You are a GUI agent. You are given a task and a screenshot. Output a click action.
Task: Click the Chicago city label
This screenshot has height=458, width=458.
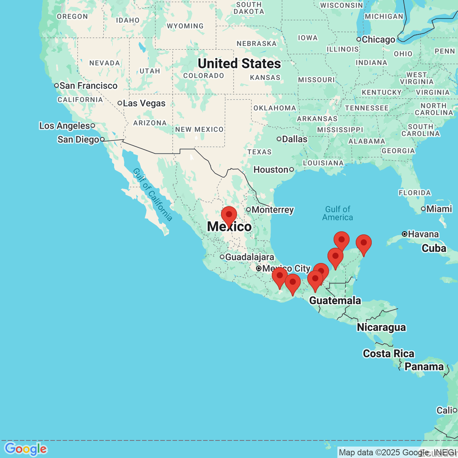point(378,40)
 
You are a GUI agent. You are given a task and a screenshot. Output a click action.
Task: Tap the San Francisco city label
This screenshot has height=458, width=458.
point(88,86)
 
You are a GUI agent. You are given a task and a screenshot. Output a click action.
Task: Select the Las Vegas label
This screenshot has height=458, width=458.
point(144,103)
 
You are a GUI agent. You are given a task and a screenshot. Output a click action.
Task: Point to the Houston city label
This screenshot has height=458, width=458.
point(271,170)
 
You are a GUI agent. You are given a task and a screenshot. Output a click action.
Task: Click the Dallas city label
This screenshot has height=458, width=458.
point(294,139)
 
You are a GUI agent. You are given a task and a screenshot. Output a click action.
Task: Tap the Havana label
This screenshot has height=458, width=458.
point(423,234)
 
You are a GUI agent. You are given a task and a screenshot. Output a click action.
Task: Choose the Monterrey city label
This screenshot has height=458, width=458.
point(273,210)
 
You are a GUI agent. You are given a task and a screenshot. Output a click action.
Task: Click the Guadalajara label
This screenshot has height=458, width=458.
point(249,257)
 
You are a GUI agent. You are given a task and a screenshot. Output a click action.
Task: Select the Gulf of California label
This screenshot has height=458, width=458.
point(153,195)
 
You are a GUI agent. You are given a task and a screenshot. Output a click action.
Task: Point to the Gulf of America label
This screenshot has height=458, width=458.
point(338,213)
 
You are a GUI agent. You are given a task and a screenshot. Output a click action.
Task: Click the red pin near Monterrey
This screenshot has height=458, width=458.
point(229,214)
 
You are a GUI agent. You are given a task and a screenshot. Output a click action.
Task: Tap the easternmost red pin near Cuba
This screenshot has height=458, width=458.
point(364,243)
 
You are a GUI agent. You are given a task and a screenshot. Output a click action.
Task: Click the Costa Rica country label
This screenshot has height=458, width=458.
point(389,354)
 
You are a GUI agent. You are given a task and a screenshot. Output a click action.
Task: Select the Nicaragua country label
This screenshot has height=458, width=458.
point(381,327)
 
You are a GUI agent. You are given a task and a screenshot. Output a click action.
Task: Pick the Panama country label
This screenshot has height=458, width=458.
point(424,367)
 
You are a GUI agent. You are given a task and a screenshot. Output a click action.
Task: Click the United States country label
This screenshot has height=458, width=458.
point(239,64)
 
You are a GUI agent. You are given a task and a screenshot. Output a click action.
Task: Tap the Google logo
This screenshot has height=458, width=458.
point(26,449)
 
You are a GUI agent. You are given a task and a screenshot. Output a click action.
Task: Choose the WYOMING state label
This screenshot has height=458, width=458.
point(185,26)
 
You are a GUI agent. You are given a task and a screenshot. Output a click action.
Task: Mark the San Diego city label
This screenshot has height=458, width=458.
point(78,140)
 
